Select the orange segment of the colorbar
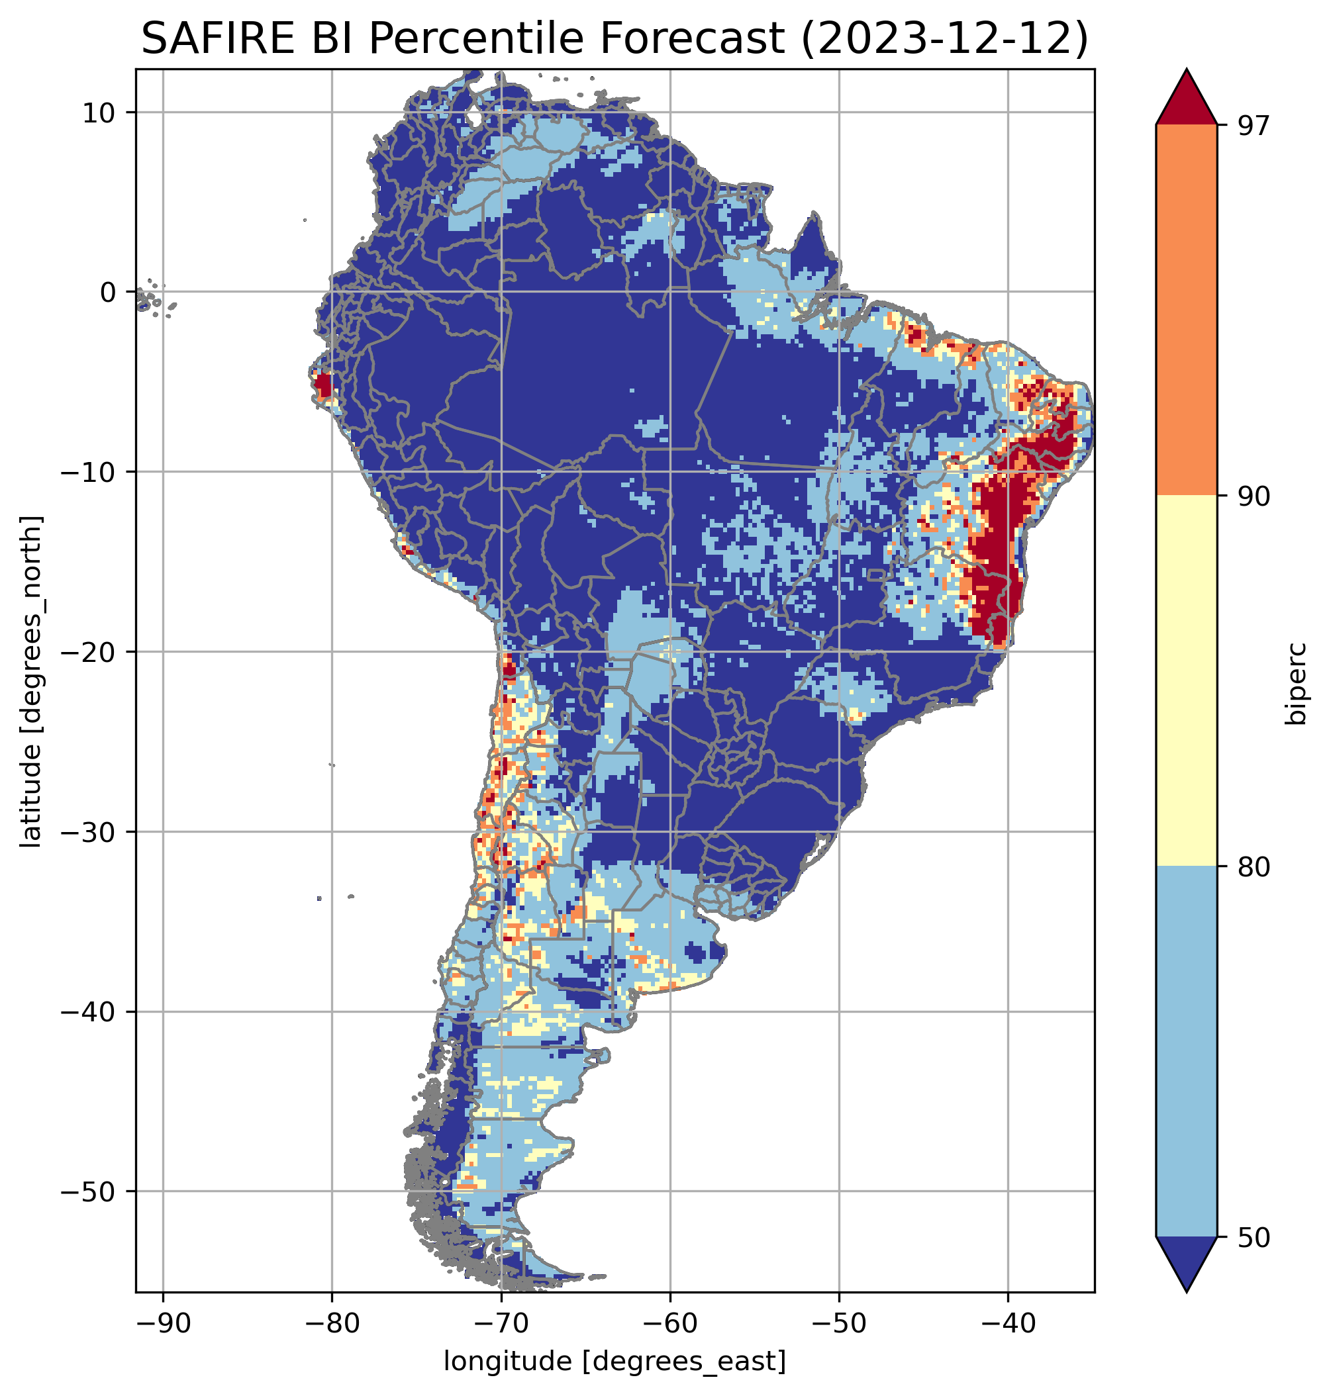(x=1186, y=310)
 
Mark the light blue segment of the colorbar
(x=1186, y=1052)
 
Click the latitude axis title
(x=31, y=680)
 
